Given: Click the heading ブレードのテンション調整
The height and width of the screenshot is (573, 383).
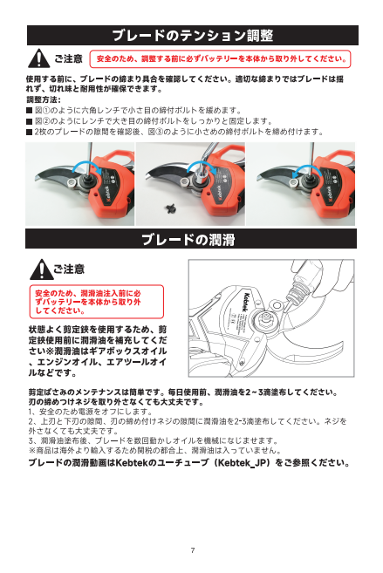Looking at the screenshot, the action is coord(193,36).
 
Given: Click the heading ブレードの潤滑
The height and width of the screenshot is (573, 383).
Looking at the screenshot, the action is coord(188,239).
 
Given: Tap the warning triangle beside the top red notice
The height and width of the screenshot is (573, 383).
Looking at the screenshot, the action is coord(38,58).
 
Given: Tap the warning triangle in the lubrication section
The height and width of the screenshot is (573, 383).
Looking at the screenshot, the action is coord(41,269).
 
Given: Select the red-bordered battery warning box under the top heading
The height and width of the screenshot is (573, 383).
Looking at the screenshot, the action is coord(221,58).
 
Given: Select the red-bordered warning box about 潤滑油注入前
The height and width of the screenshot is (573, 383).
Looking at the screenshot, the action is coord(97,302).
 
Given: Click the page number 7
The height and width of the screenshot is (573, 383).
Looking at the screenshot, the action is coord(193,550).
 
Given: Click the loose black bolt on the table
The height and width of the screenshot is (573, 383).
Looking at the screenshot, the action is coord(170,208).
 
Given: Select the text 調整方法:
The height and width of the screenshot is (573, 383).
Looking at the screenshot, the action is coord(44,99).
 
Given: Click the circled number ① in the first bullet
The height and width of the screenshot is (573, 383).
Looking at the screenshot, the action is coord(46,111).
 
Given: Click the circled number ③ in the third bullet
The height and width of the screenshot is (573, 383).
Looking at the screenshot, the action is coord(160,132).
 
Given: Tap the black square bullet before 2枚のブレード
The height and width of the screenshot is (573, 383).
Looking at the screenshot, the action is coord(30,132).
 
